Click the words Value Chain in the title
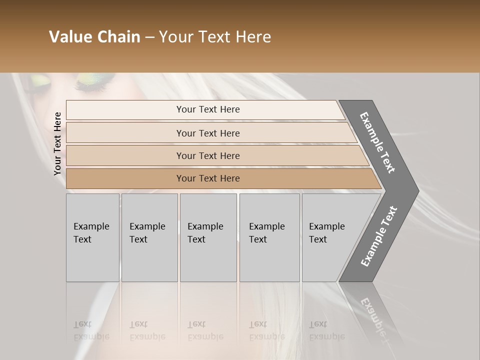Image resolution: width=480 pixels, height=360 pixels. point(94,37)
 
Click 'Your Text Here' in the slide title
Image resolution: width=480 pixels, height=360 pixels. point(214,37)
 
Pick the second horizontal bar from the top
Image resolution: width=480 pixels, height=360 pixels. point(208,133)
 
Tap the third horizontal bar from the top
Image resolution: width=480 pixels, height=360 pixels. point(208,155)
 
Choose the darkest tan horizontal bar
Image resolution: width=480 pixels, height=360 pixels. point(208,178)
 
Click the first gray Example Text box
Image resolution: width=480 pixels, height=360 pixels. point(92,237)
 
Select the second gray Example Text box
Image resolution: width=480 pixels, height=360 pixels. point(149,237)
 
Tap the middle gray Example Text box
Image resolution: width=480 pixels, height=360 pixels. point(208,237)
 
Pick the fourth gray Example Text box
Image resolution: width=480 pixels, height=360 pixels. point(269,237)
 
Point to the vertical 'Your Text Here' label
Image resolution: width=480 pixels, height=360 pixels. point(57,143)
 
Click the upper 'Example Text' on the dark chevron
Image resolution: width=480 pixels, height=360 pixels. point(377,142)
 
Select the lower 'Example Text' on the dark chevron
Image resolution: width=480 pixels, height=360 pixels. point(378,236)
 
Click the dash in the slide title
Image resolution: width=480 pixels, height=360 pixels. point(149,37)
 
